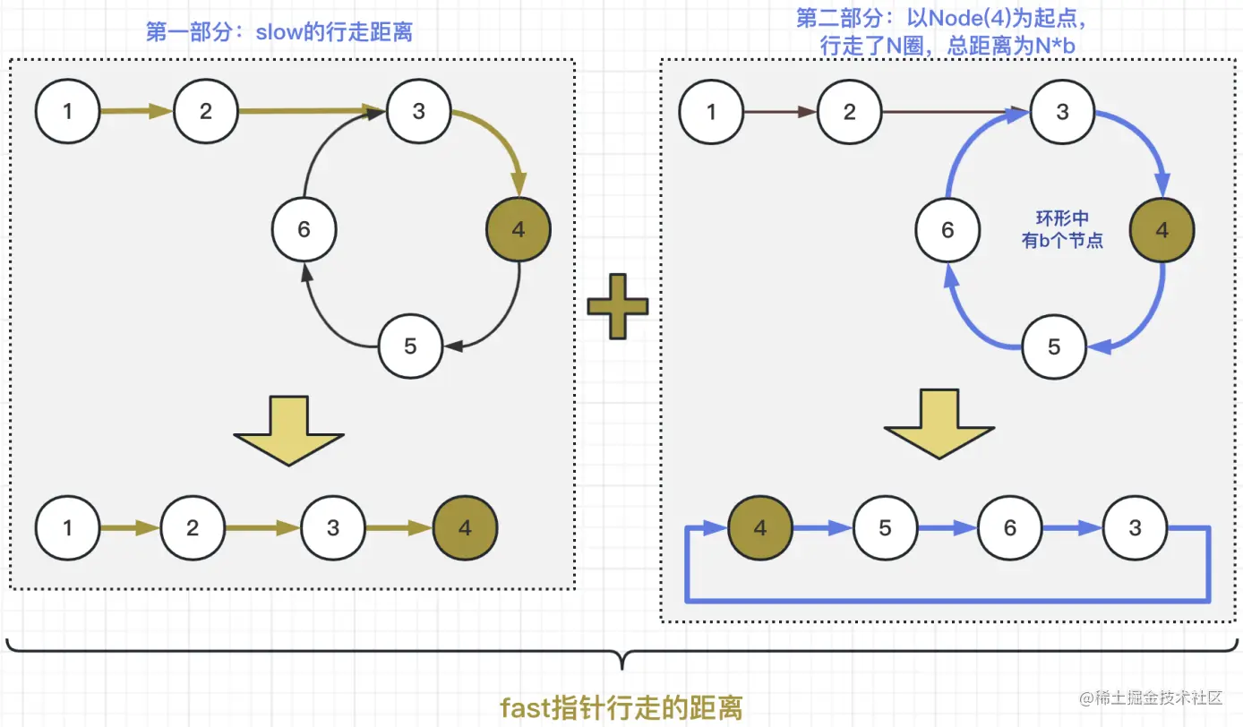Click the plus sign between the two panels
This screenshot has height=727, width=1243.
click(x=617, y=307)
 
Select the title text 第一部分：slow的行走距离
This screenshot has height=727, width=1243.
click(x=279, y=33)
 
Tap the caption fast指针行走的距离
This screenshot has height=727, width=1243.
click(x=621, y=708)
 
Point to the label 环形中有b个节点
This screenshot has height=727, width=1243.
click(x=1063, y=230)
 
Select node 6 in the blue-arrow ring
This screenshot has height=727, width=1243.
click(x=947, y=230)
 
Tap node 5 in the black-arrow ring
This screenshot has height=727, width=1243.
click(x=410, y=346)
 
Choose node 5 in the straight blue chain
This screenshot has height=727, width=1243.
click(x=885, y=528)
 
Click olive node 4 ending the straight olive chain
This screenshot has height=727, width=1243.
click(x=464, y=528)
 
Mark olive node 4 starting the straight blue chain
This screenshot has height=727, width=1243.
click(x=759, y=528)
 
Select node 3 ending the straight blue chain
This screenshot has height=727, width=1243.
click(x=1135, y=528)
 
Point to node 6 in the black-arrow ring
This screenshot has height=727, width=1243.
click(x=304, y=230)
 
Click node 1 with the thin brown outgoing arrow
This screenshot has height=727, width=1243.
click(x=711, y=112)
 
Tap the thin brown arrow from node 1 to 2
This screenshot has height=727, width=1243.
click(x=780, y=112)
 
